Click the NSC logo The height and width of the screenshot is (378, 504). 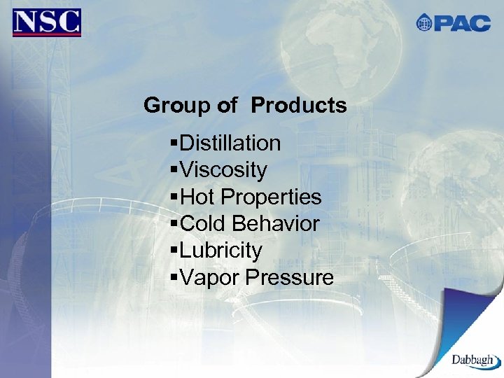[x=46, y=22]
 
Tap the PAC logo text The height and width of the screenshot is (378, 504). [x=462, y=23]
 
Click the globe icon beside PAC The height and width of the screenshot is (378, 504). [x=424, y=23]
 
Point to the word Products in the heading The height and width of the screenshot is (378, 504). [x=299, y=106]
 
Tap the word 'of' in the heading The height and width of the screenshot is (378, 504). [x=227, y=106]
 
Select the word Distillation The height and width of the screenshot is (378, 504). [x=230, y=143]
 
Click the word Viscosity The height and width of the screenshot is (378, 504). [x=223, y=170]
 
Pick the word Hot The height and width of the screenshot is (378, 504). [x=196, y=197]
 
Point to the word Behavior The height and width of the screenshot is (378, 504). [x=276, y=224]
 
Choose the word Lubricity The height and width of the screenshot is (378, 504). [x=221, y=251]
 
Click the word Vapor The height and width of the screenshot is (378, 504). [x=209, y=278]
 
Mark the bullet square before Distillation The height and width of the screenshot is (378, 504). [x=174, y=143]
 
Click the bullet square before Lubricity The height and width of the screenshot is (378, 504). [x=174, y=250]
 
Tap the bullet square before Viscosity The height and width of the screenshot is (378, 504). [x=174, y=169]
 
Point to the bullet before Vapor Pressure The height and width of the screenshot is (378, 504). [x=174, y=277]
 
